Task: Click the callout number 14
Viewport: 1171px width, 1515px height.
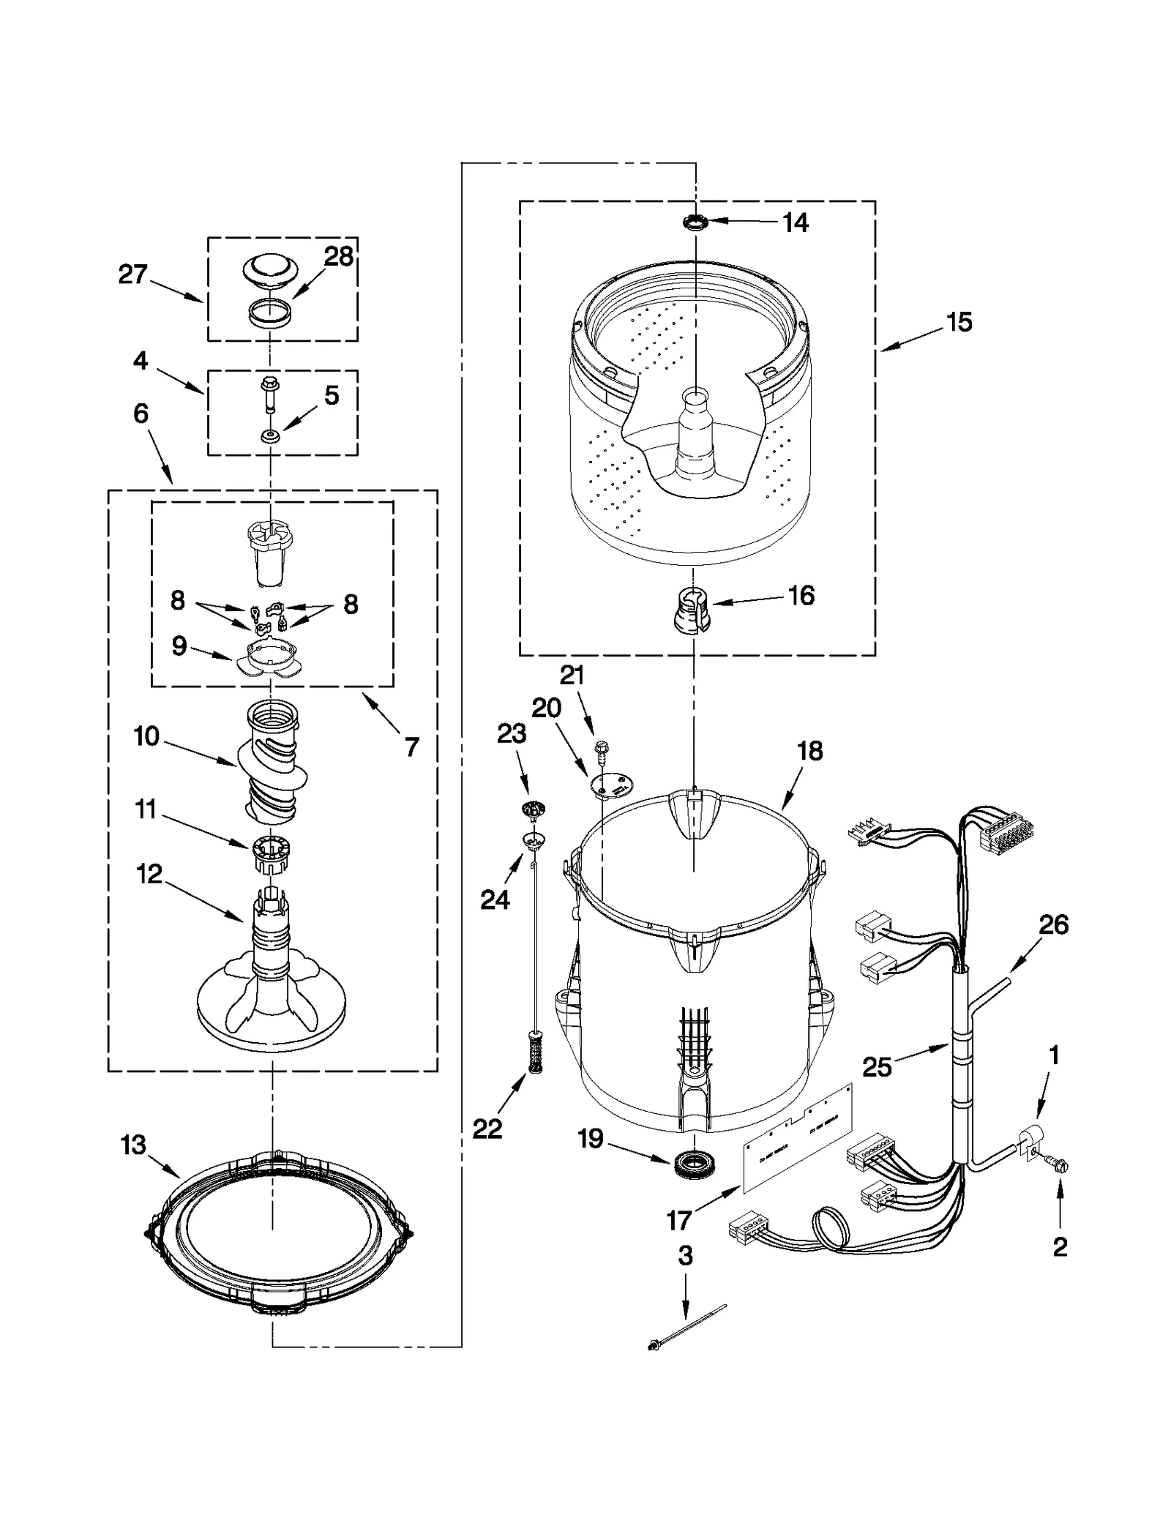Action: (795, 222)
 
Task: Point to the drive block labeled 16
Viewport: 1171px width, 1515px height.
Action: (691, 609)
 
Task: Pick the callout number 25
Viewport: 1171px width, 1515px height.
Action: (877, 1066)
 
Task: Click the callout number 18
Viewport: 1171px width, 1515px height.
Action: (810, 751)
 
